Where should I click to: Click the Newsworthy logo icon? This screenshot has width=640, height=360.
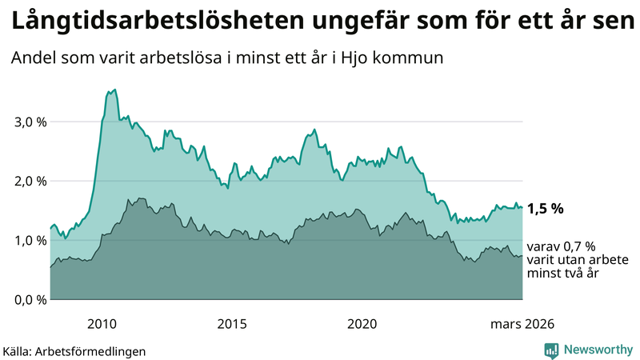coord(552,350)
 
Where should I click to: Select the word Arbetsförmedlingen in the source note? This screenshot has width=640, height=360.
coord(95,351)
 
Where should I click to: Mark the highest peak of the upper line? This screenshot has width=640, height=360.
coord(115,90)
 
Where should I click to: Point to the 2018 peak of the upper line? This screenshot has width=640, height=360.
coord(314,130)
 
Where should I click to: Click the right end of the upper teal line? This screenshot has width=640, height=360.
coord(522,207)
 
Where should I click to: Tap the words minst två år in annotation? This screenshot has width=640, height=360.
coord(563,274)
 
